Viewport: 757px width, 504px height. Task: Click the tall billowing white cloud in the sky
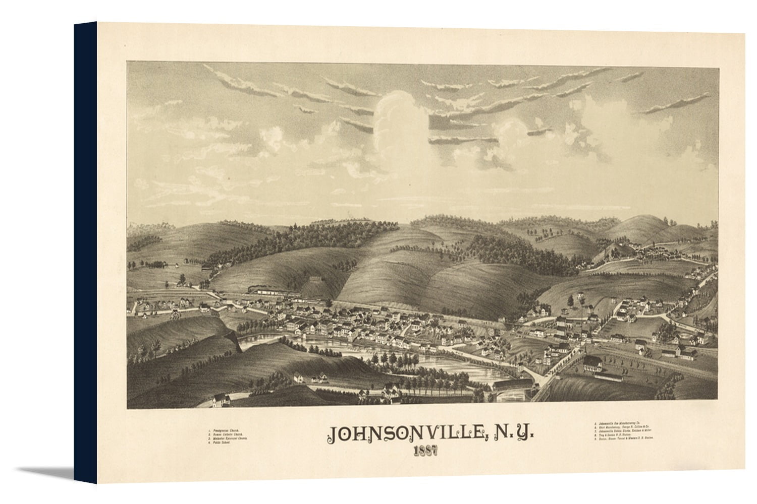pos(399,118)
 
